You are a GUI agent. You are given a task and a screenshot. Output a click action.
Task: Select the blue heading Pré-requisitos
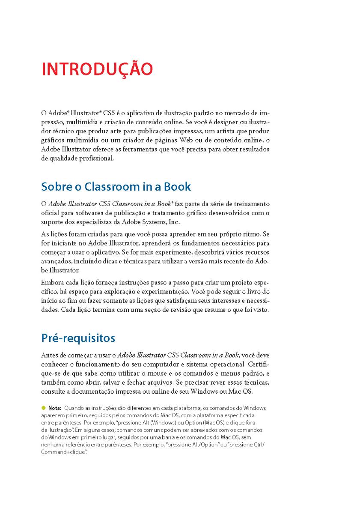click(x=78, y=338)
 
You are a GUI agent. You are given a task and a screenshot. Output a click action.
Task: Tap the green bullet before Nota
click(x=43, y=408)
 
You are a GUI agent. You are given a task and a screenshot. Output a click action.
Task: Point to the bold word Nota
click(x=55, y=408)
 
